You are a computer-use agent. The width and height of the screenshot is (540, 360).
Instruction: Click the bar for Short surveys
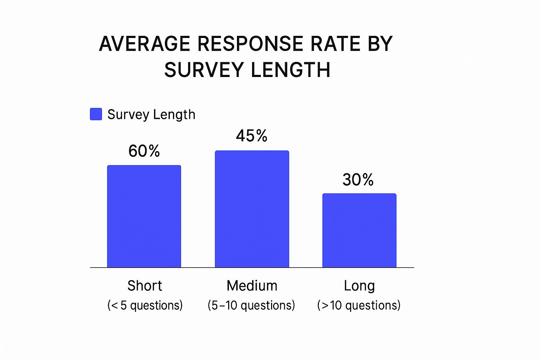144,216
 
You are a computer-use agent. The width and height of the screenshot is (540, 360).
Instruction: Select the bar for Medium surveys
252,209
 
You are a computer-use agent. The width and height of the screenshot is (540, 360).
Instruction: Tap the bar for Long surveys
359,230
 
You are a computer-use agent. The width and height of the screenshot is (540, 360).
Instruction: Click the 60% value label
144,151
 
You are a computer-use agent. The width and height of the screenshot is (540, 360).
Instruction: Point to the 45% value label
252,136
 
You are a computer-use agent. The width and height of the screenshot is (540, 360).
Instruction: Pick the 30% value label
358,180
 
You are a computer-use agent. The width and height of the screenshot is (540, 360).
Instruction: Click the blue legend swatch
96,114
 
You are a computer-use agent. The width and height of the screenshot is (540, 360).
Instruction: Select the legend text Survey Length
151,115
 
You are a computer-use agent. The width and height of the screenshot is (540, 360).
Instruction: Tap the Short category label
144,286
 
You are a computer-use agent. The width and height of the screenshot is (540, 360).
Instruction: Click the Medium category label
252,286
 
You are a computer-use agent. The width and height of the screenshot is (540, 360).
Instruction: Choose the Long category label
359,286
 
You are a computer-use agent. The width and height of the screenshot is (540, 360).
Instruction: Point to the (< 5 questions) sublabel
145,305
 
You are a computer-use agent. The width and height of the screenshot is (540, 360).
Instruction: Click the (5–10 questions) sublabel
251,305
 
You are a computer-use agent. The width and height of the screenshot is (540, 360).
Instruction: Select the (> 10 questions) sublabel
359,305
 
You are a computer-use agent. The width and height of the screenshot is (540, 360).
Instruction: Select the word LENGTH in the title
291,70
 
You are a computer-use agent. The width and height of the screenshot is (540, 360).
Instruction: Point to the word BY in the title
380,44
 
